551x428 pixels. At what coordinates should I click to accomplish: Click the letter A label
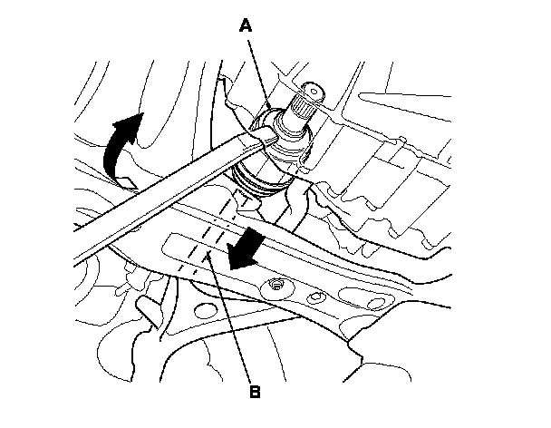coord(245,27)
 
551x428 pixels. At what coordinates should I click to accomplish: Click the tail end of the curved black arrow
coord(114,177)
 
